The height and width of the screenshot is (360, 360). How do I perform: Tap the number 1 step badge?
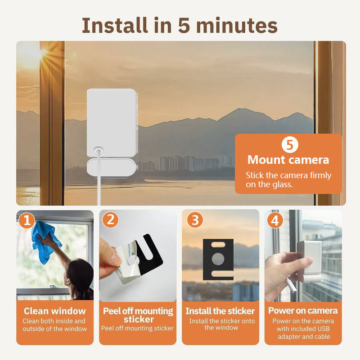tap(27, 220)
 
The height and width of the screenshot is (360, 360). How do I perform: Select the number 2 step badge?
tap(110, 220)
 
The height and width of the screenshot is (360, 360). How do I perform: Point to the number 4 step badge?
tap(275, 220)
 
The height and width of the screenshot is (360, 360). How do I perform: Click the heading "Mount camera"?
tap(288, 160)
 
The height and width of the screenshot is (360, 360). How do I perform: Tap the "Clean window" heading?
tap(54, 311)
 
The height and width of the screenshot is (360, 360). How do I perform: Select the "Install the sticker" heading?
tap(220, 311)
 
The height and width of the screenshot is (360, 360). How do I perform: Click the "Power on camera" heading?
tap(303, 310)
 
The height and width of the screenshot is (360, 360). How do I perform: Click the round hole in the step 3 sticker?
tap(218, 258)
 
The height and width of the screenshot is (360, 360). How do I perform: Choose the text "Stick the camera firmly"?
tap(288, 175)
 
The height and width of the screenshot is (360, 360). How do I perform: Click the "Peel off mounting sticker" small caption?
tap(137, 328)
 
